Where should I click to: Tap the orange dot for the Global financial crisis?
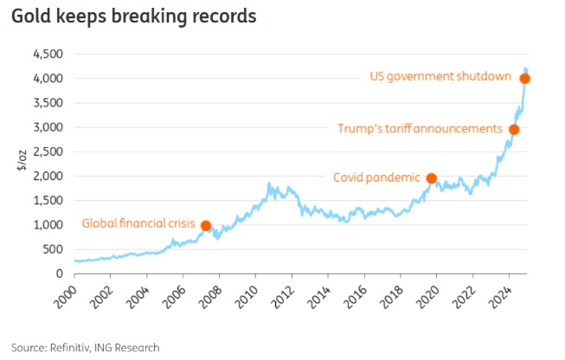tap(206, 226)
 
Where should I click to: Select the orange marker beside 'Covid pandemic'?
tap(432, 178)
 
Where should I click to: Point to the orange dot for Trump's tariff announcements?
tap(514, 130)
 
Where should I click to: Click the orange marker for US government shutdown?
tap(525, 79)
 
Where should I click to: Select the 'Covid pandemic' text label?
tap(377, 177)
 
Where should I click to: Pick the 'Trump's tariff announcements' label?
tap(420, 129)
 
